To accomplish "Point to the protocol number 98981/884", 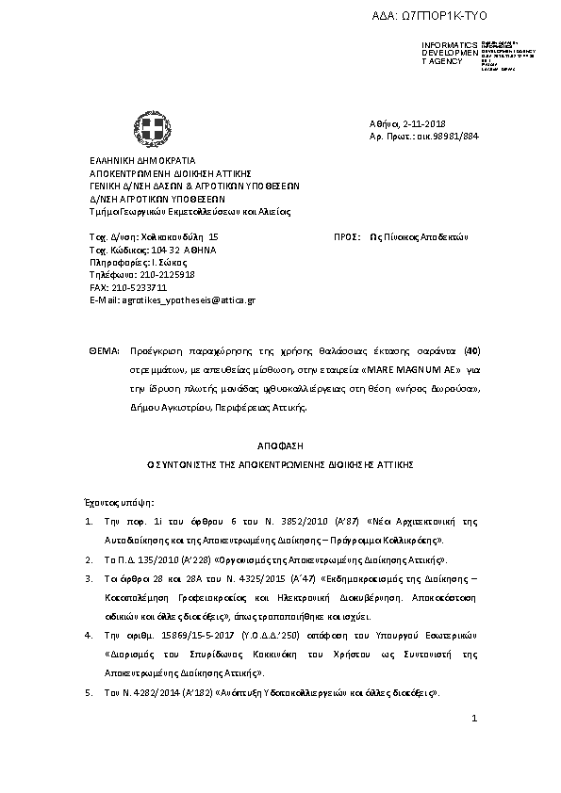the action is click(454, 137).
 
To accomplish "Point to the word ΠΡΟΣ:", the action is click(348, 236).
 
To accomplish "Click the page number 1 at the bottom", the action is click(475, 720).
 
